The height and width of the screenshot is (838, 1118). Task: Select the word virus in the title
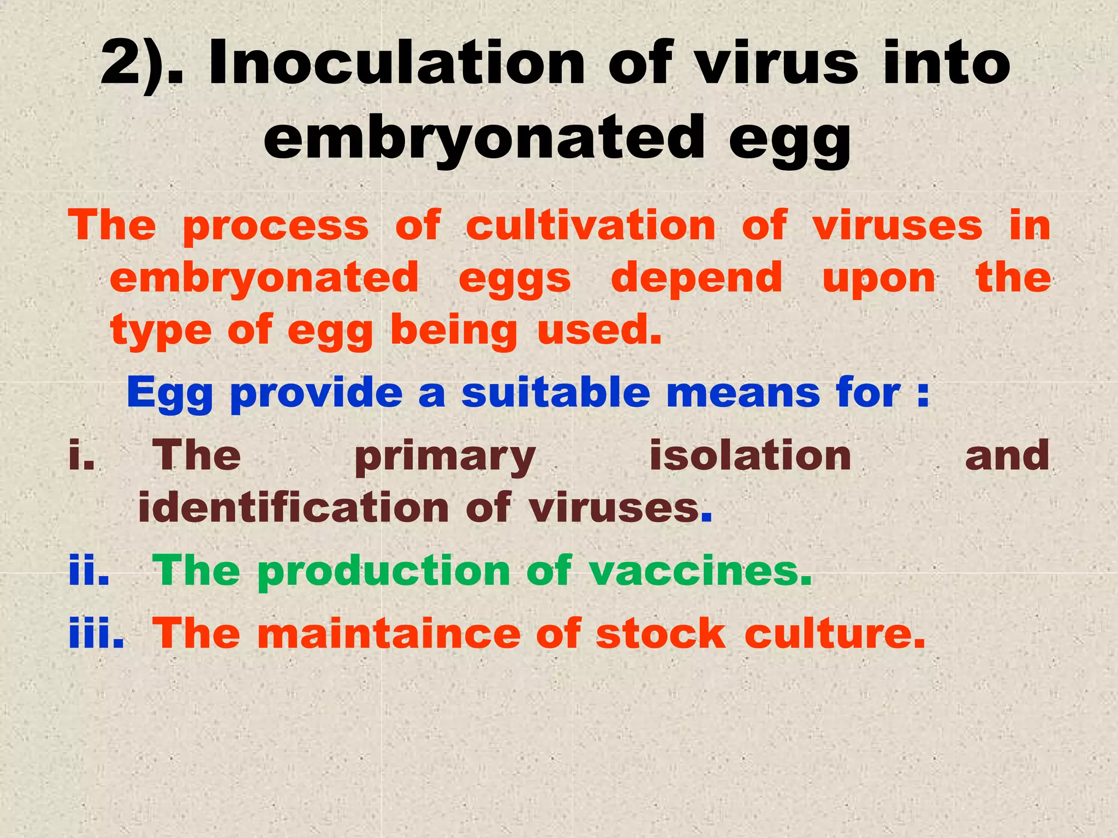pos(776,64)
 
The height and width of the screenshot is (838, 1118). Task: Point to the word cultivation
pos(590,225)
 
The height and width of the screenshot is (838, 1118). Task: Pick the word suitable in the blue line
pos(555,392)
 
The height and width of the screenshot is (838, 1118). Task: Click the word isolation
pos(750,456)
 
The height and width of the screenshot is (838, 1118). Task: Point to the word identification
pos(293,507)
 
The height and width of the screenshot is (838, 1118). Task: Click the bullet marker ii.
pos(88,570)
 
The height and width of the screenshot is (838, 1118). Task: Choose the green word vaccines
pos(700,571)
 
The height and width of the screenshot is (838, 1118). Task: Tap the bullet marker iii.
pos(96,633)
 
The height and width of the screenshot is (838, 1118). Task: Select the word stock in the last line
pos(661,633)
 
